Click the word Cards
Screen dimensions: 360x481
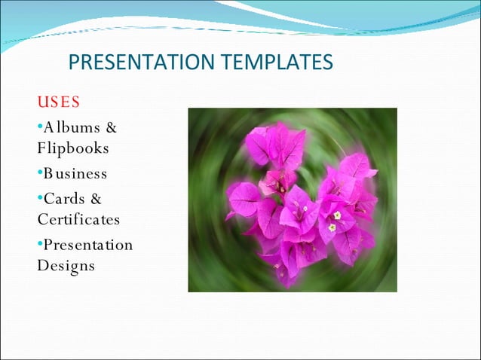click(x=66, y=199)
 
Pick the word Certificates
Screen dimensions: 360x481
click(x=78, y=219)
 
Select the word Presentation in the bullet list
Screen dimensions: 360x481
click(x=87, y=245)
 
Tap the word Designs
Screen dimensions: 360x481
click(x=66, y=265)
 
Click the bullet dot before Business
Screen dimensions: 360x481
click(x=40, y=174)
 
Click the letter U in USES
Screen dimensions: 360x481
click(x=43, y=101)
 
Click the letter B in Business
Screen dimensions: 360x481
click(x=47, y=173)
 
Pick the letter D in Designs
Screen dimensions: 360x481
click(x=42, y=265)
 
